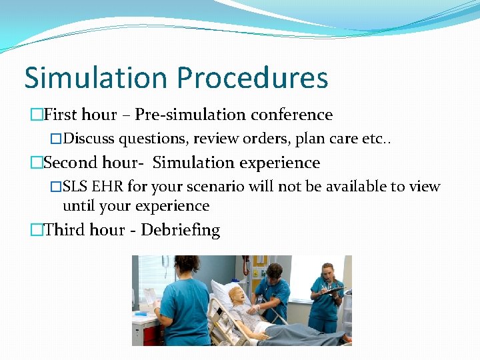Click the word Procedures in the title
(253, 77)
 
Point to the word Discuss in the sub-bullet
(90, 139)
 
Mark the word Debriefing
(180, 230)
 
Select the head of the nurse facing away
(186, 267)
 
